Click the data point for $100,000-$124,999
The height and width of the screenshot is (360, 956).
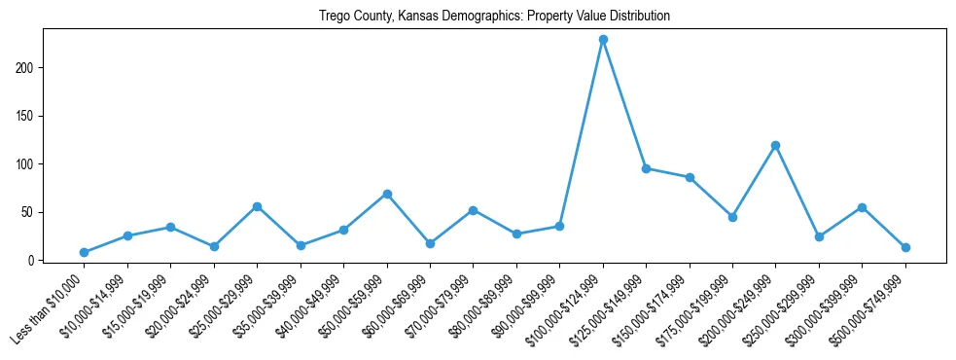[x=603, y=40]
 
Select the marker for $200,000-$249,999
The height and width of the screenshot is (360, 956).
[x=775, y=145]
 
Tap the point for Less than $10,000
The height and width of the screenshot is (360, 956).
[x=84, y=252]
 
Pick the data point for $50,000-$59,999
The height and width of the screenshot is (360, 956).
[x=387, y=194]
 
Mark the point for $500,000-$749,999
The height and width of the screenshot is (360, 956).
[x=904, y=247]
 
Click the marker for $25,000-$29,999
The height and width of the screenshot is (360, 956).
[x=257, y=206]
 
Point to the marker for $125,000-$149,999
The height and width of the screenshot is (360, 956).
[x=646, y=168]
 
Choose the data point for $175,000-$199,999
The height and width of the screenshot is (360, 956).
[x=732, y=217]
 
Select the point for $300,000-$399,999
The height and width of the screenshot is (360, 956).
[x=862, y=207]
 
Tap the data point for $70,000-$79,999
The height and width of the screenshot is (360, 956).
[x=473, y=210]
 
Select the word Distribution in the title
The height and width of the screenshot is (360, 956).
[x=636, y=17]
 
